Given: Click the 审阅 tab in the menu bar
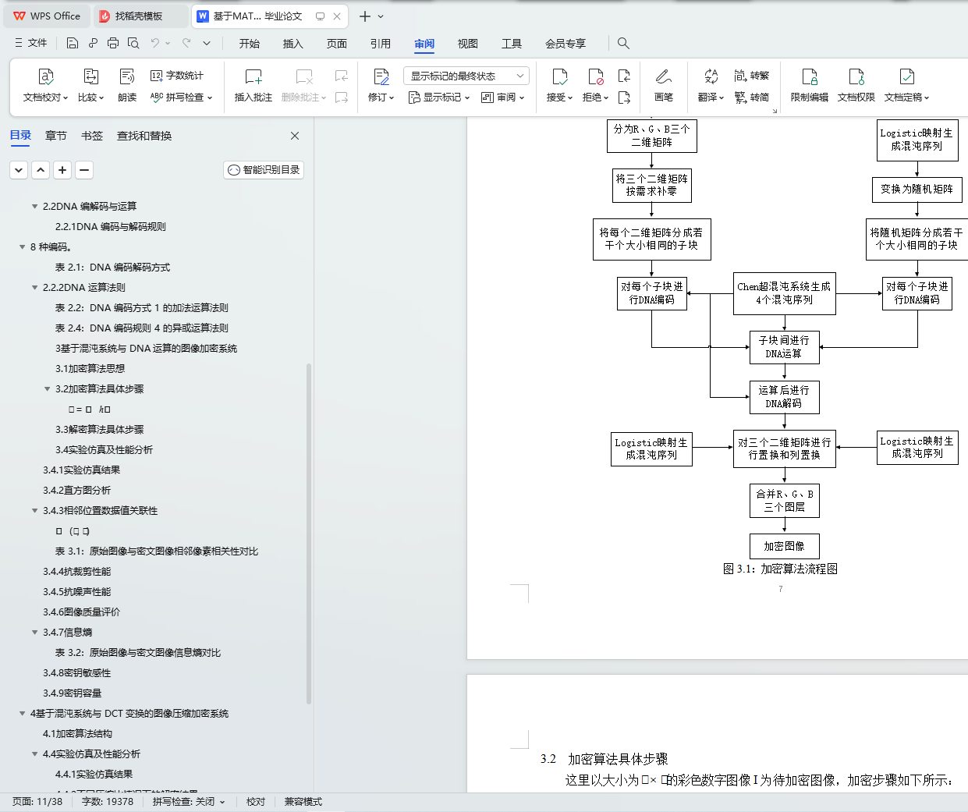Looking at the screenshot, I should (x=424, y=44).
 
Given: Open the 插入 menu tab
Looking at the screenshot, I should (x=293, y=44).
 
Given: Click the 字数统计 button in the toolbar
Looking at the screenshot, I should (x=177, y=76).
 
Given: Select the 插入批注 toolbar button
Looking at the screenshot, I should (x=254, y=85).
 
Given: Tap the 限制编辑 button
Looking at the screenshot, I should (x=809, y=85).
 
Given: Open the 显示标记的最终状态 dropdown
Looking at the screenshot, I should (x=466, y=76).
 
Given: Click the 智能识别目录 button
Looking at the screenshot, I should (x=264, y=170).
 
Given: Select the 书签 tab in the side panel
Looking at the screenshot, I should (x=92, y=136).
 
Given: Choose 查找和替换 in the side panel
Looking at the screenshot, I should (x=144, y=136).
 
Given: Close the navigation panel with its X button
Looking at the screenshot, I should (x=295, y=136).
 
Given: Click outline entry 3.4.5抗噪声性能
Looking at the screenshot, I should (x=76, y=592).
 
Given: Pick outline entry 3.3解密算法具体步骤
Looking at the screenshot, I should (x=99, y=430).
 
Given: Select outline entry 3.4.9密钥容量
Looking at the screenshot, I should (x=72, y=693).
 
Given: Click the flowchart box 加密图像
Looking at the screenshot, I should (x=784, y=546).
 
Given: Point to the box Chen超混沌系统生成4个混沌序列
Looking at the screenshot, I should (x=784, y=293).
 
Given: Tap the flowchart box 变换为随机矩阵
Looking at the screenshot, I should (x=917, y=189).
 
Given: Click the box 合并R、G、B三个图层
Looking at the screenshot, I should (x=784, y=500).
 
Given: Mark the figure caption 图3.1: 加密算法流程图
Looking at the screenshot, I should (x=780, y=569).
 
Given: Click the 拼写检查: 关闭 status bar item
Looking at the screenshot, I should (x=188, y=802).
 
